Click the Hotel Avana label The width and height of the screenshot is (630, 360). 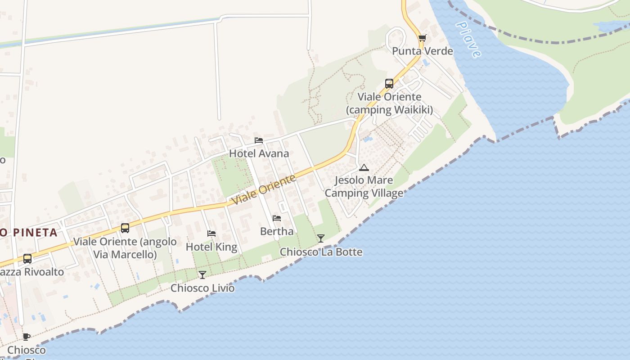(x=259, y=153)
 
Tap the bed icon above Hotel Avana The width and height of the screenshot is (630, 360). (x=259, y=140)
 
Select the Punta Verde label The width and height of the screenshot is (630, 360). (x=422, y=51)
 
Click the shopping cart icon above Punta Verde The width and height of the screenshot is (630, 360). (x=422, y=38)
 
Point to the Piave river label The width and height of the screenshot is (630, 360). (x=468, y=39)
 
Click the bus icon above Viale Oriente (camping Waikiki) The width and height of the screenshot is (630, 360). (x=389, y=84)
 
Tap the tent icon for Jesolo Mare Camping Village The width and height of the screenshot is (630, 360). (x=364, y=168)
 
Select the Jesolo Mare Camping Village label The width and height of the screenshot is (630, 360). (x=364, y=187)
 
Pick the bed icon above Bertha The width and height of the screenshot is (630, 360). (x=277, y=218)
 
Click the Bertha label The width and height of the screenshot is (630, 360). (x=277, y=231)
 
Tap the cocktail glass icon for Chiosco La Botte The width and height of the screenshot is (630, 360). (x=320, y=238)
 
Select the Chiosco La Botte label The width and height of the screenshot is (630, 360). (x=321, y=252)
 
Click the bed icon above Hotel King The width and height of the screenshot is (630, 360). (x=211, y=234)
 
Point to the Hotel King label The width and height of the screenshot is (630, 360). (x=211, y=247)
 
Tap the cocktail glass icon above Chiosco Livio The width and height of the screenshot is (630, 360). (x=202, y=275)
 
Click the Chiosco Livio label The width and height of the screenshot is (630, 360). (x=202, y=288)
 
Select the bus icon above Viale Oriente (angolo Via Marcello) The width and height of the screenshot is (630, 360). (x=125, y=228)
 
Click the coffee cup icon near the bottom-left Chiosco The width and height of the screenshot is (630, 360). (x=27, y=337)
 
